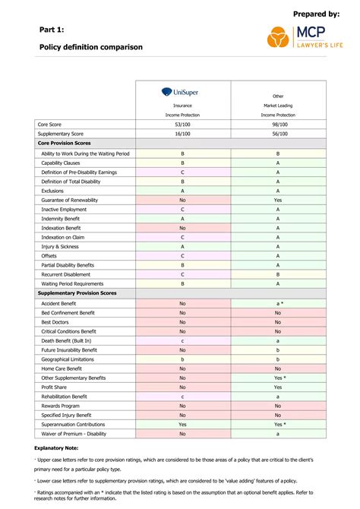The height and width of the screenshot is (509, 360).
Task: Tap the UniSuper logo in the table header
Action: coord(182,92)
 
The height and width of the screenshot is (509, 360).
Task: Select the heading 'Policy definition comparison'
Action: coord(90,47)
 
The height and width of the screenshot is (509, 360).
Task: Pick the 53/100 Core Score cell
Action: coord(182,124)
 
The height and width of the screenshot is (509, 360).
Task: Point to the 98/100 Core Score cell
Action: coord(278,124)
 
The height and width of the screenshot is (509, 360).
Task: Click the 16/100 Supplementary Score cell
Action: coord(182,134)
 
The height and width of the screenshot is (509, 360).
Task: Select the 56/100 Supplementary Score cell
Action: coord(278,134)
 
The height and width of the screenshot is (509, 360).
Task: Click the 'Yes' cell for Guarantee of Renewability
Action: coord(278,200)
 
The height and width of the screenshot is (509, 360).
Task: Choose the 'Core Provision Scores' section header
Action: coord(65,143)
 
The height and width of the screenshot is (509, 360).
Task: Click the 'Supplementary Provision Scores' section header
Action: coord(77,292)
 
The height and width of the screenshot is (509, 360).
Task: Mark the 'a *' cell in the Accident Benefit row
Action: coord(278,302)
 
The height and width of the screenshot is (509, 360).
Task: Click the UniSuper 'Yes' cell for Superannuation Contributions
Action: coord(182,425)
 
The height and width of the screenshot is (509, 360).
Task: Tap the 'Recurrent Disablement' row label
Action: coord(68,274)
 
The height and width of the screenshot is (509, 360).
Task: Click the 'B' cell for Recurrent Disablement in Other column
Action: coord(278,274)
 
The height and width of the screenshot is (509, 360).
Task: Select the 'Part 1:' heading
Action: coord(52,29)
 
